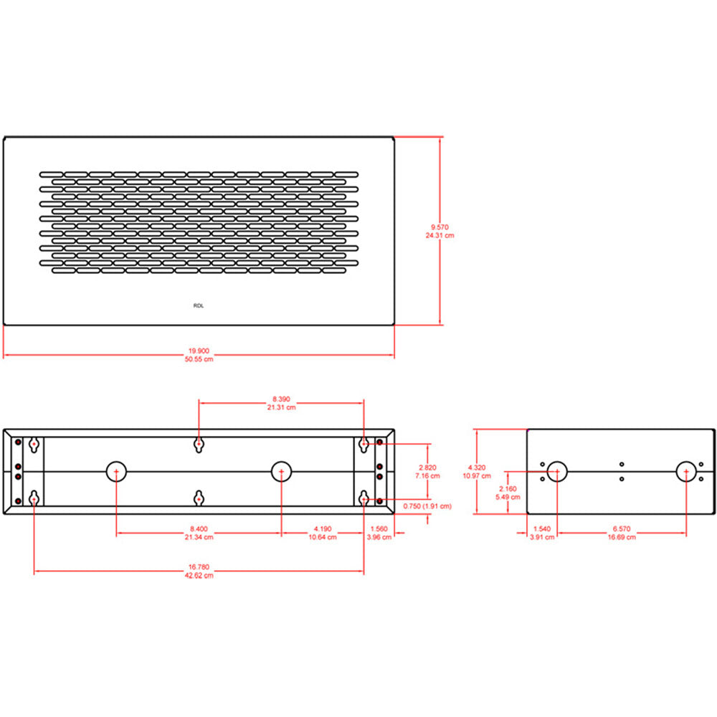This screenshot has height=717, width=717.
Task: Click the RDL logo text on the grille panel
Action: (199, 305)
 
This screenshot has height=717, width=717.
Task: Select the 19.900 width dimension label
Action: (199, 351)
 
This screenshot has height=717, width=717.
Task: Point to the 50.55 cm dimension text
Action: (199, 359)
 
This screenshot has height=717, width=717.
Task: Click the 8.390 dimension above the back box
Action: (281, 399)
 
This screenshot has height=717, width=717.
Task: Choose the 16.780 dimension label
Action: (199, 566)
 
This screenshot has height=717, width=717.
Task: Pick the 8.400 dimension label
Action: (199, 528)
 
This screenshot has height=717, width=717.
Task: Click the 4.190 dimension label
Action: (322, 528)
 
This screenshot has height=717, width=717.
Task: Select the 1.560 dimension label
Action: (378, 528)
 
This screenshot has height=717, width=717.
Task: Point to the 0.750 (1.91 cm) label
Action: (427, 505)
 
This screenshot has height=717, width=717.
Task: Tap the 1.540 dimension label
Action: (541, 528)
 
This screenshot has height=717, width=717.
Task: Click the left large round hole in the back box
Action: (116, 471)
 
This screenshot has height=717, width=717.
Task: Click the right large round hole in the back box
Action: (281, 471)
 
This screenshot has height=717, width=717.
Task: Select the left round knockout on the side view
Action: (557, 471)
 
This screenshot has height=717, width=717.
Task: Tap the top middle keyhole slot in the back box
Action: (199, 445)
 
